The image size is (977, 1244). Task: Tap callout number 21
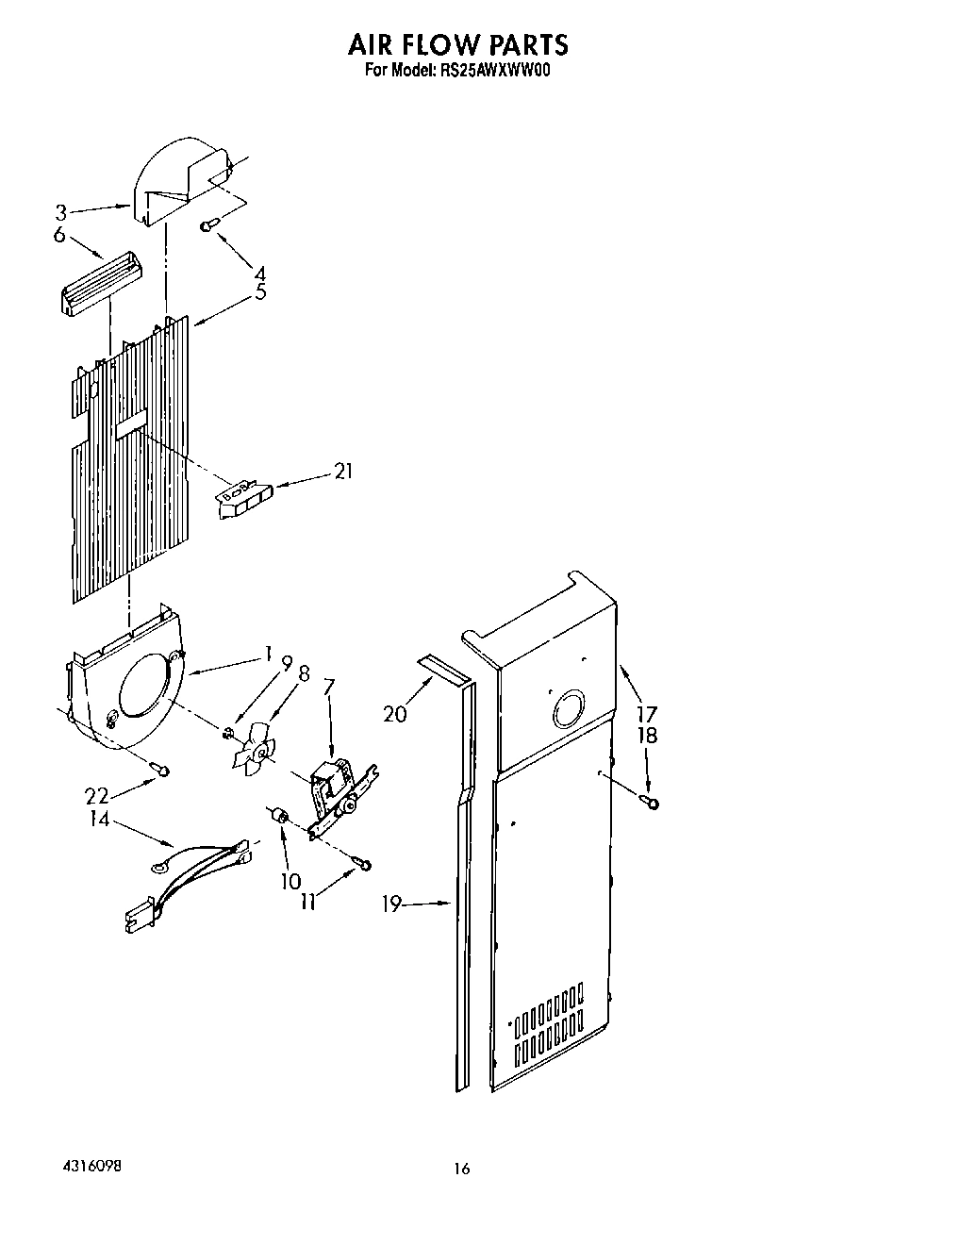pyautogui.click(x=343, y=471)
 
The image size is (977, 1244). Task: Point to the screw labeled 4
pyautogui.click(x=208, y=224)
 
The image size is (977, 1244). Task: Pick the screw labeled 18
pyautogui.click(x=650, y=802)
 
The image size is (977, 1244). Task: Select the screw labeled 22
pyautogui.click(x=163, y=771)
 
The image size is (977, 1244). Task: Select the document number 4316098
pyautogui.click(x=86, y=1167)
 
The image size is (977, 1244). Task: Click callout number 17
pyautogui.click(x=647, y=714)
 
